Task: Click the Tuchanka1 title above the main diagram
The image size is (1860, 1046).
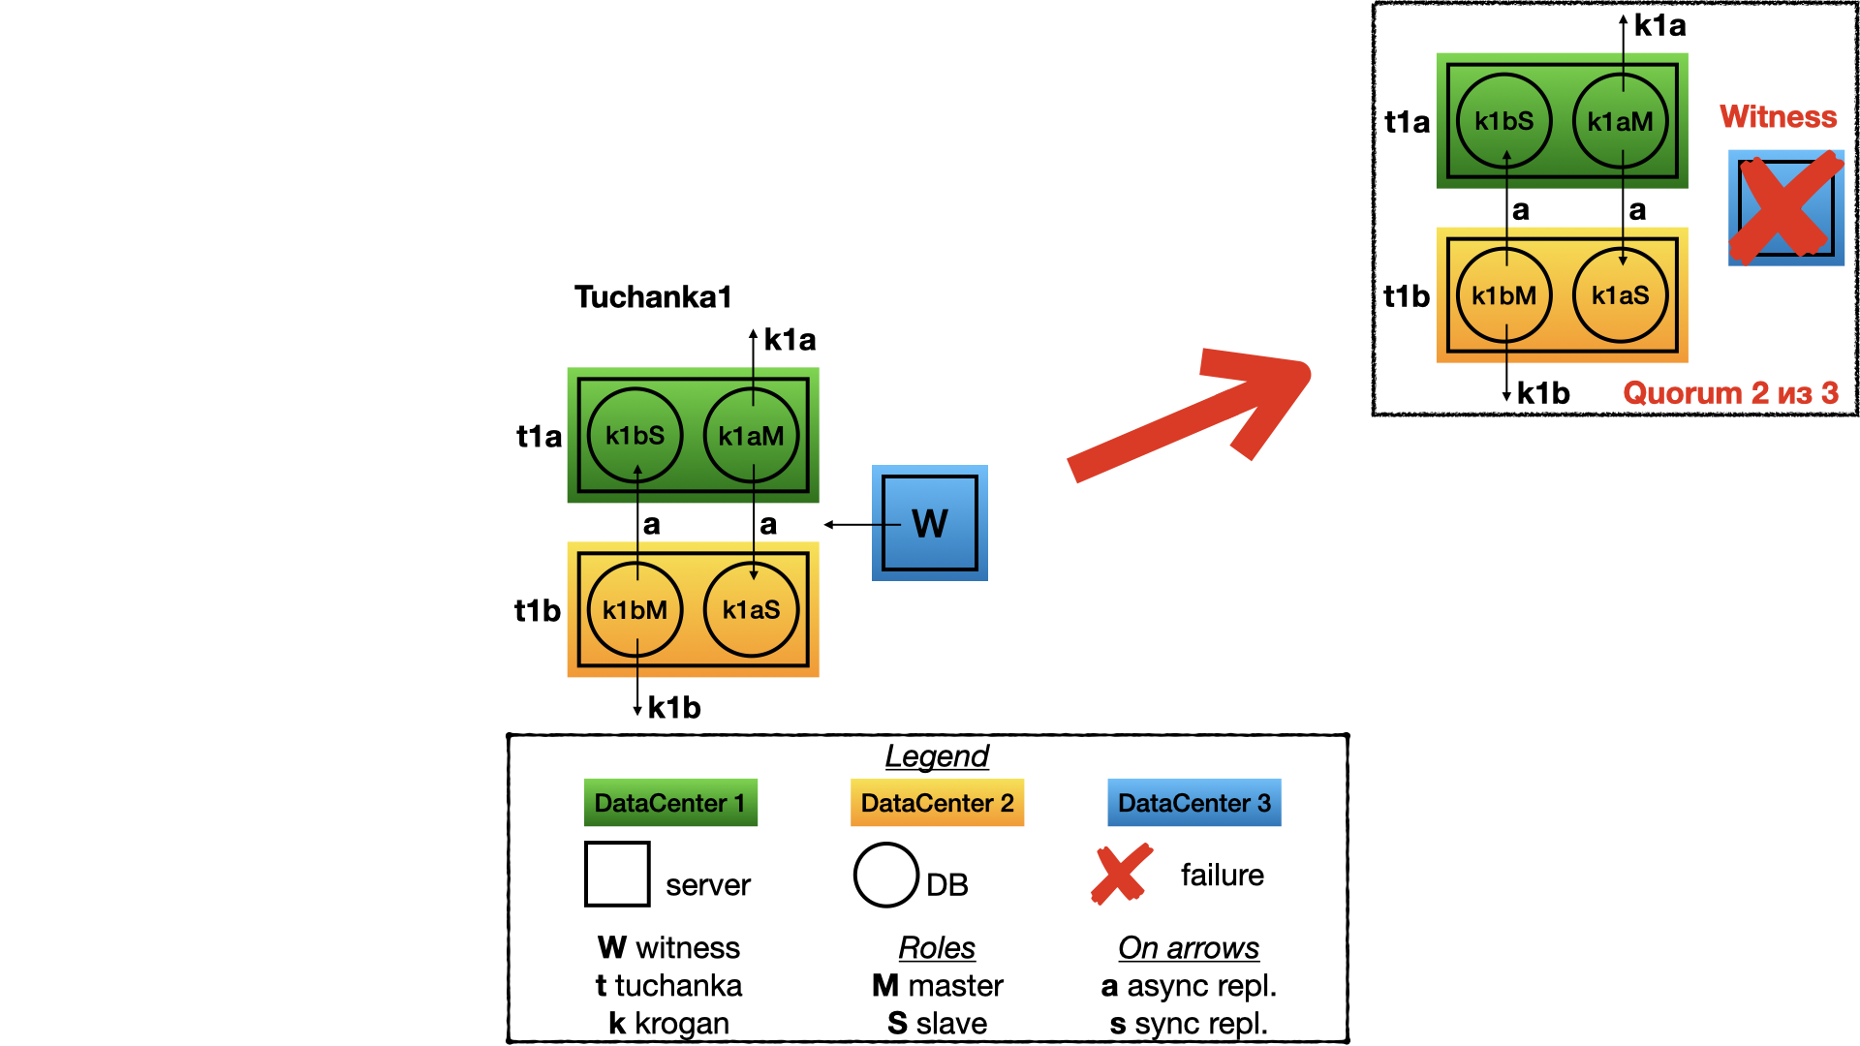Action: coord(652,297)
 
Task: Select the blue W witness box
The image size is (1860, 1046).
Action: coord(929,523)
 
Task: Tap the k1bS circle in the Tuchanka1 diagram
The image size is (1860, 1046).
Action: coord(635,436)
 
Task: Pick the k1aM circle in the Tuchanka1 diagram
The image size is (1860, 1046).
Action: coord(751,436)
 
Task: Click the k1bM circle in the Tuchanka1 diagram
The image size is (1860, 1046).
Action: coord(635,610)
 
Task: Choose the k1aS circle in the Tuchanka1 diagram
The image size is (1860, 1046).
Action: coord(751,610)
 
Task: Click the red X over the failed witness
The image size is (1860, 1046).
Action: coord(1785,207)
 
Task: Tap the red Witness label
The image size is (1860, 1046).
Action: coord(1778,117)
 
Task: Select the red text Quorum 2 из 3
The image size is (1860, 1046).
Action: coord(1730,393)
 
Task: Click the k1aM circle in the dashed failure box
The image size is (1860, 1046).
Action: coord(1620,121)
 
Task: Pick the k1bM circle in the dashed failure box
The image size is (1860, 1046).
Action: coord(1503,295)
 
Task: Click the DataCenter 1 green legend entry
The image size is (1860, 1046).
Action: coord(670,803)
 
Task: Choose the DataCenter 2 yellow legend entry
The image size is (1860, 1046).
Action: coord(937,803)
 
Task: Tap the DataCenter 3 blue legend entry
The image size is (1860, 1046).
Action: coord(1193,803)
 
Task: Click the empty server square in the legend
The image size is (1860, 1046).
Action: coord(617,875)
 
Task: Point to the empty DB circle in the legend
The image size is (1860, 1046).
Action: coord(885,875)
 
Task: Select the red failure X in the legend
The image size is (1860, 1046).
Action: coord(1122,874)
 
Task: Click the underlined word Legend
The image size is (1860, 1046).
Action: coord(937,756)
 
